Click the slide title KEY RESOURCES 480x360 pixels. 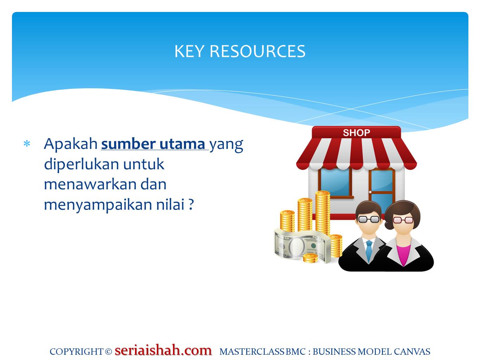click(240, 51)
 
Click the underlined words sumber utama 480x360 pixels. click(153, 144)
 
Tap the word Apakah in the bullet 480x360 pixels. click(70, 143)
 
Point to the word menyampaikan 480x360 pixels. click(98, 205)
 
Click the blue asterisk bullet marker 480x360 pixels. click(27, 144)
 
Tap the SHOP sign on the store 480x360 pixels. click(356, 133)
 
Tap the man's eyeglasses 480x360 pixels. click(369, 219)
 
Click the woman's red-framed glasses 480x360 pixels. click(403, 220)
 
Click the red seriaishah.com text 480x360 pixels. click(163, 350)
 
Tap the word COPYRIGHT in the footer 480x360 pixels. click(76, 352)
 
